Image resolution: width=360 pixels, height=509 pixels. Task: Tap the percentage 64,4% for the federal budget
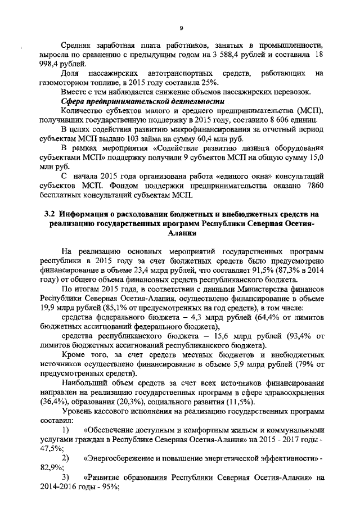click(x=265, y=318)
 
